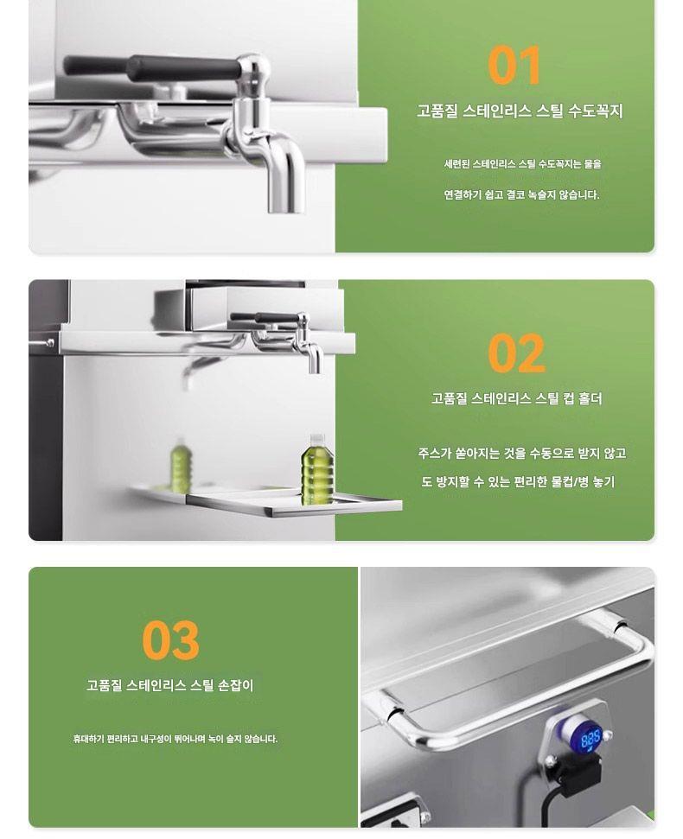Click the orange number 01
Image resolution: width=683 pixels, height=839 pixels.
point(514,66)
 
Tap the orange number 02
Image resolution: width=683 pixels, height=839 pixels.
point(516,353)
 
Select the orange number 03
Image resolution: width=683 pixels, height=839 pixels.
point(171,640)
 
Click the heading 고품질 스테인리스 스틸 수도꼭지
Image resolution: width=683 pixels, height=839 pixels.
point(520,111)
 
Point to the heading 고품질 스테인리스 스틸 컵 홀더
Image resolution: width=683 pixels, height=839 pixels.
point(516,398)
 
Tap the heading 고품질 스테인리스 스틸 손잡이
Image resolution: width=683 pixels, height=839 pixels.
point(170,685)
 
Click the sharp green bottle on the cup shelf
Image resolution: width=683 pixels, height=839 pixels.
point(317,470)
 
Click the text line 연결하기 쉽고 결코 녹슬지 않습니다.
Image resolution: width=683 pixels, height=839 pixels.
point(521,194)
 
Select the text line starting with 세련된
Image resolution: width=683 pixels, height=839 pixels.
point(522,163)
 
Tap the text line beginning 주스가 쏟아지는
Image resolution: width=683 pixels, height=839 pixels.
point(522,454)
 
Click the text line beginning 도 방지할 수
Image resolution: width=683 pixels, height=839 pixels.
point(518,481)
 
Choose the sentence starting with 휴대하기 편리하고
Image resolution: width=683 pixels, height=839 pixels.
point(176,739)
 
